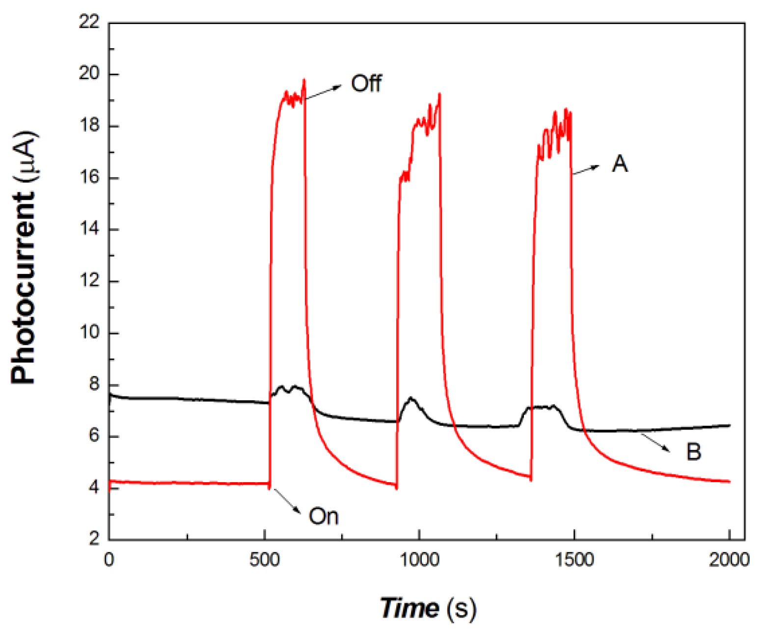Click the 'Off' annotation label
pyautogui.click(x=366, y=83)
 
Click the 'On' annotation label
pyautogui.click(x=323, y=516)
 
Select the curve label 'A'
pyautogui.click(x=620, y=164)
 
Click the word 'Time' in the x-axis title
pyautogui.click(x=409, y=607)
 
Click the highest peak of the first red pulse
pyautogui.click(x=304, y=80)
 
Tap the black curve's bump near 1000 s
pyautogui.click(x=411, y=399)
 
